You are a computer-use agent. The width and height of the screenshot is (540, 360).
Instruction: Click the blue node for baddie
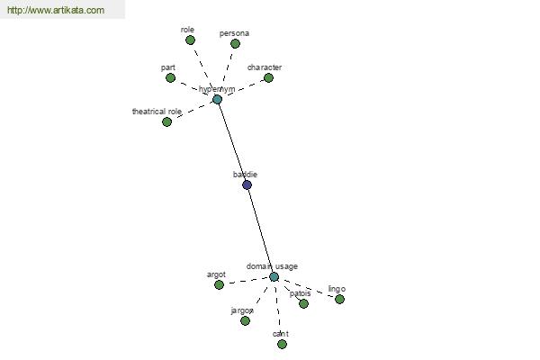coord(247,184)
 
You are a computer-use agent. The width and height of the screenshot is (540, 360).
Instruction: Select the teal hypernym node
coord(217,99)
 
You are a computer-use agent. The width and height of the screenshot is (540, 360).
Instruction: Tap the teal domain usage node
coord(274,276)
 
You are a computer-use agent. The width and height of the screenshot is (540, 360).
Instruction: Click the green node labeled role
coord(191,40)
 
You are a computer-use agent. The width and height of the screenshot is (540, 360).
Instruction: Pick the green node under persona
coord(235,43)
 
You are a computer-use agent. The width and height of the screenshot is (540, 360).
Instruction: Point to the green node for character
coord(268,77)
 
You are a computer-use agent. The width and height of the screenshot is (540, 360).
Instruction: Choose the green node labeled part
coord(170,77)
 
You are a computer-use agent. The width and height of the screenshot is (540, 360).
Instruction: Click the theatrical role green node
coord(166,121)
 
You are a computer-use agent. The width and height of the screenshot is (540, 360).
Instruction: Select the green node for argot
coord(219,284)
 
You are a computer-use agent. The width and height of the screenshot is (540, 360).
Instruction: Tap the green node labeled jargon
coord(245,320)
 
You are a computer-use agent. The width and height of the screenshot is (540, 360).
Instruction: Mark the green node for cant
coord(282,344)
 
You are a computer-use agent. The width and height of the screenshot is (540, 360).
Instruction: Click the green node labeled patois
coord(303,303)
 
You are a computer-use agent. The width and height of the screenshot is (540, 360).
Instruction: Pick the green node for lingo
coord(339,299)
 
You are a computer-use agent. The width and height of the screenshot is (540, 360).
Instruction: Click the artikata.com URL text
coord(55,11)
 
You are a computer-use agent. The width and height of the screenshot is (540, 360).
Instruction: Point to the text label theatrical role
coord(157,112)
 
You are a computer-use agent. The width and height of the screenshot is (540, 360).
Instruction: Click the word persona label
coord(234,33)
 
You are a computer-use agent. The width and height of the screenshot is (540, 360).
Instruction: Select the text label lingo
coord(337,289)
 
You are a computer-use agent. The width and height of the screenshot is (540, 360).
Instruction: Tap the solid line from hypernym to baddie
coord(231,141)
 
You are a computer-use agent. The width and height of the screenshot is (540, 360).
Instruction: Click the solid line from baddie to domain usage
coord(260,230)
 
